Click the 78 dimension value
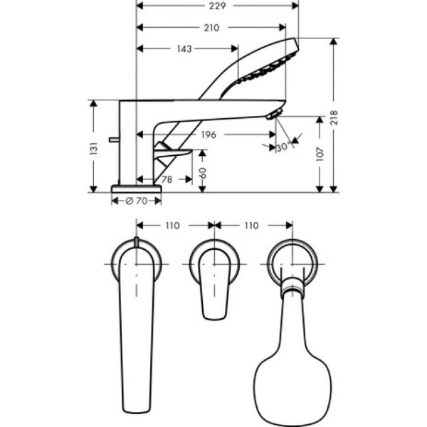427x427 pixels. pos(167,180)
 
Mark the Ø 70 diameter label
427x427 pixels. pos(135,201)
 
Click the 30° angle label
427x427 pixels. pos(283,145)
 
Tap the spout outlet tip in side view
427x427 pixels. pos(275,113)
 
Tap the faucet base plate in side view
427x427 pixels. pos(135,189)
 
